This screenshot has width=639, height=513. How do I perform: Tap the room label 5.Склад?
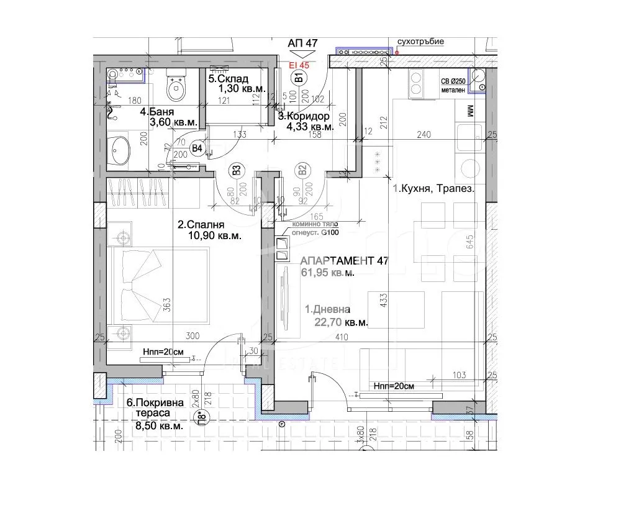click(x=229, y=79)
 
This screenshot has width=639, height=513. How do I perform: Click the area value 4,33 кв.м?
click(x=310, y=127)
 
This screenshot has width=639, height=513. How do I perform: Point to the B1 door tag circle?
click(x=298, y=78)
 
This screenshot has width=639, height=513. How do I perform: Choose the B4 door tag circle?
click(x=197, y=148)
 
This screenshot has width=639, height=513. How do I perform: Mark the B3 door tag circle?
click(x=237, y=170)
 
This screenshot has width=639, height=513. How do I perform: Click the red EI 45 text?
click(x=299, y=63)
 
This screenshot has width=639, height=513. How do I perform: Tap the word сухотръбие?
click(x=421, y=42)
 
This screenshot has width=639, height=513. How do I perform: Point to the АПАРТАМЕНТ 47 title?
click(x=344, y=261)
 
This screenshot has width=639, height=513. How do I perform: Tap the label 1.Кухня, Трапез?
click(x=433, y=189)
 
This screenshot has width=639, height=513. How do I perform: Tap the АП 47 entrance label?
click(x=303, y=43)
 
